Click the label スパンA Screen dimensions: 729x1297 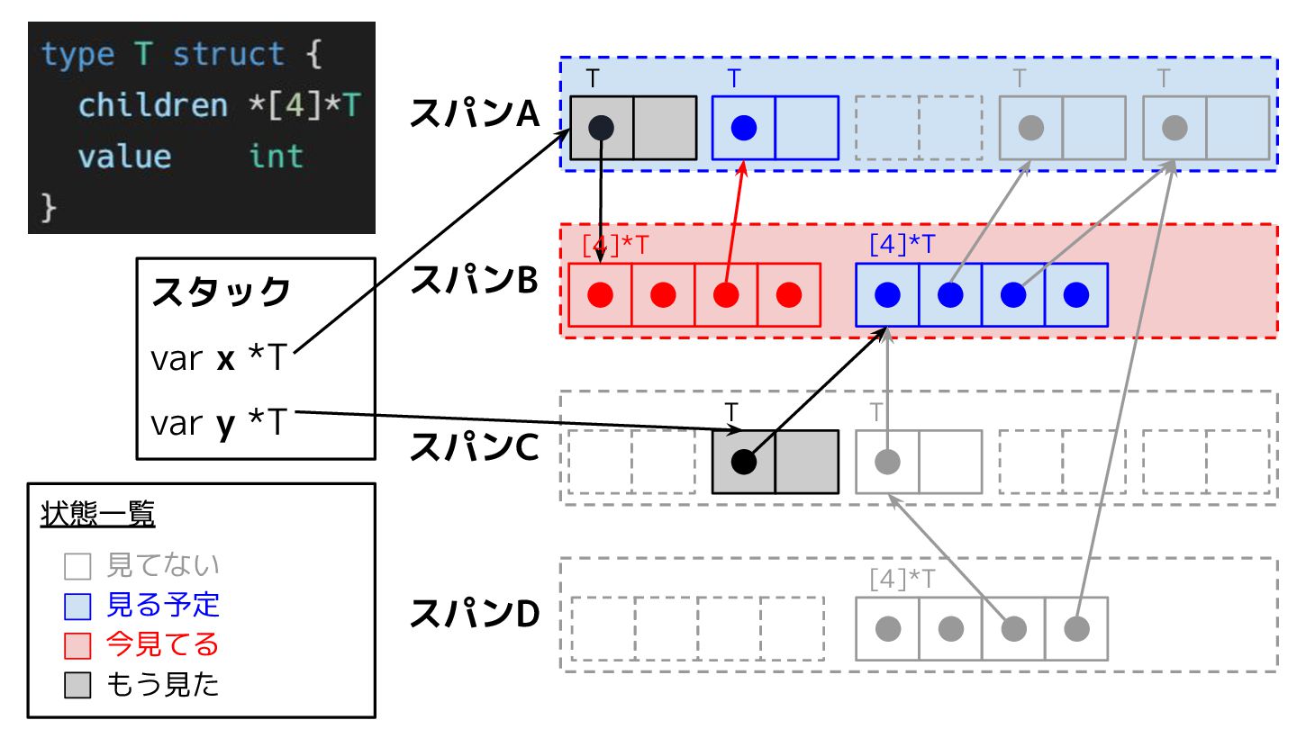[x=474, y=114]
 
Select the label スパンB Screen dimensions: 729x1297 [x=474, y=281]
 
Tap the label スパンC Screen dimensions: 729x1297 [x=474, y=447]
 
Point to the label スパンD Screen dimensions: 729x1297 [x=474, y=614]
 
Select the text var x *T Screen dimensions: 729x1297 [x=218, y=359]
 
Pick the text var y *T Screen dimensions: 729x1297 [x=218, y=422]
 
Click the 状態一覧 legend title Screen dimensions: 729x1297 [x=98, y=515]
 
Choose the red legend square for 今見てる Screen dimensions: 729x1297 [x=77, y=645]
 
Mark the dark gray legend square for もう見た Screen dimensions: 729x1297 [x=77, y=686]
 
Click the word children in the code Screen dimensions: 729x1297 [x=153, y=105]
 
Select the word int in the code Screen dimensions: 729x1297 [x=276, y=157]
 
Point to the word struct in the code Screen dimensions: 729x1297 [x=229, y=55]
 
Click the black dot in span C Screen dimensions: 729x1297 [x=743, y=462]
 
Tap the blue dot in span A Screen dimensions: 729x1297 [x=744, y=128]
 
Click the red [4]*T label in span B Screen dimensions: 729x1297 [x=614, y=244]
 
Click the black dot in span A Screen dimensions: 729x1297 [x=602, y=128]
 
